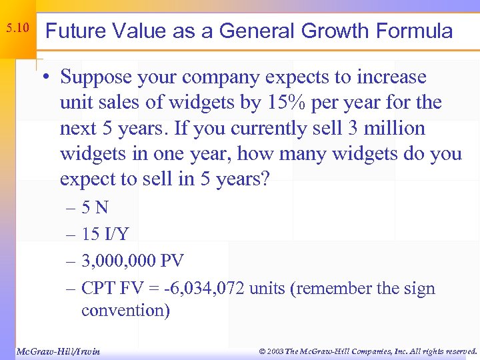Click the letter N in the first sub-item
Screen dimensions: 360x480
pyautogui.click(x=101, y=208)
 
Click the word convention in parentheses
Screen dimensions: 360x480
pyautogui.click(x=125, y=311)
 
